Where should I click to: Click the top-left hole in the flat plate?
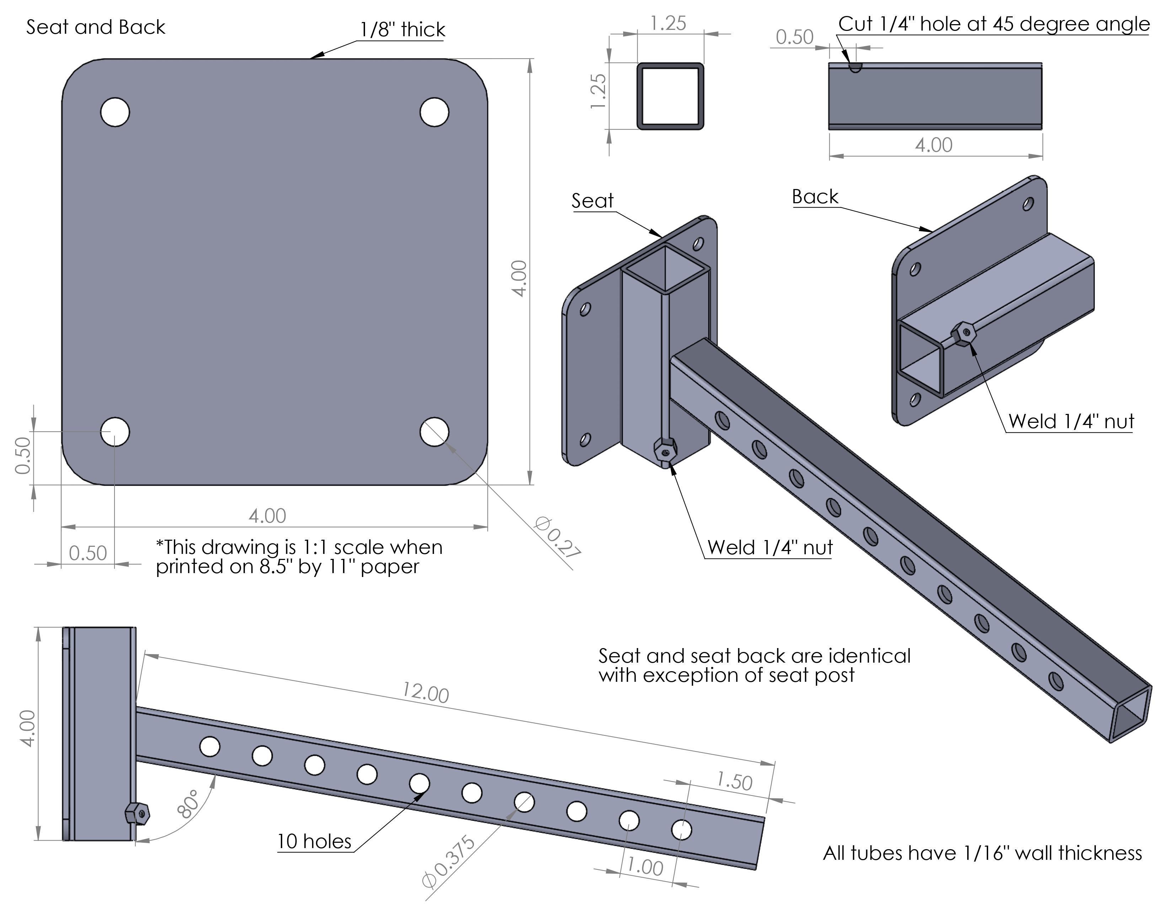coord(115,112)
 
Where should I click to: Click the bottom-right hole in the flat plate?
coord(434,432)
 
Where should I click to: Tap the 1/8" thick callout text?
coord(402,29)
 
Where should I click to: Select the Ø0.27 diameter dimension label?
coord(557,537)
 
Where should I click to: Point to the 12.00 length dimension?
coord(425,692)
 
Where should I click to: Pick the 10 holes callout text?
coord(314,841)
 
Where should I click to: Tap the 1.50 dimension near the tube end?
coord(734,781)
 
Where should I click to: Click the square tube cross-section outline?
coord(670,96)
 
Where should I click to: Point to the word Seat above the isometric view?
coord(593,201)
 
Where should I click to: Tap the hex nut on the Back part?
coord(964,335)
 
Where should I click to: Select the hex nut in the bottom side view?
coord(137,814)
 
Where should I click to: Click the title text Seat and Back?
coord(96,27)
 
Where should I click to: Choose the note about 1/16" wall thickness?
coord(982,852)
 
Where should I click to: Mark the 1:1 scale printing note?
coord(299,557)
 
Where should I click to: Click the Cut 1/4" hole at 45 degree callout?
coord(993,24)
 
